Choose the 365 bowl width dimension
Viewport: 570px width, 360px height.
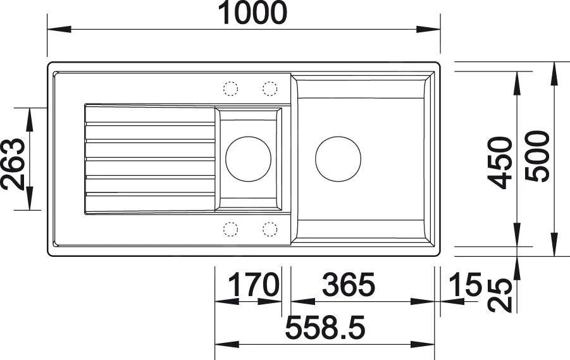pyautogui.click(x=348, y=286)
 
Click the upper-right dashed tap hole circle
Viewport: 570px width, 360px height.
pyautogui.click(x=270, y=89)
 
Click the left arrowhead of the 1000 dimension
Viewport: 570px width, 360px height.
pyautogui.click(x=56, y=30)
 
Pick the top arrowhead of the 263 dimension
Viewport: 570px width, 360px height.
pyautogui.click(x=29, y=114)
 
